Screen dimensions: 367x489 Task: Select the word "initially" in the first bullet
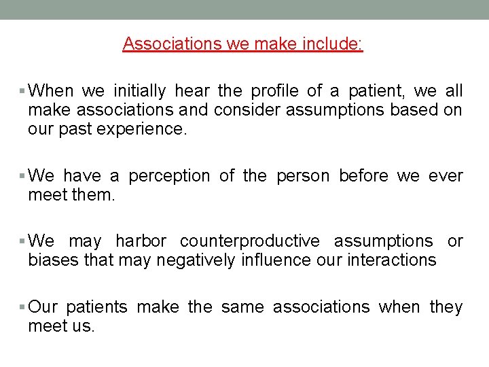point(139,90)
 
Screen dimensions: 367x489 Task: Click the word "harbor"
point(141,241)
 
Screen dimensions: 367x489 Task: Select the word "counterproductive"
point(249,241)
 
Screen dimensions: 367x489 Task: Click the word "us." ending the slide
point(81,326)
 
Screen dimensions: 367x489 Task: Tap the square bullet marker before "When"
point(23,91)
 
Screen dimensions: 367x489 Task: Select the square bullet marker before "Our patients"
point(23,308)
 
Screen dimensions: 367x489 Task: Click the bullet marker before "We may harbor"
point(23,242)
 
